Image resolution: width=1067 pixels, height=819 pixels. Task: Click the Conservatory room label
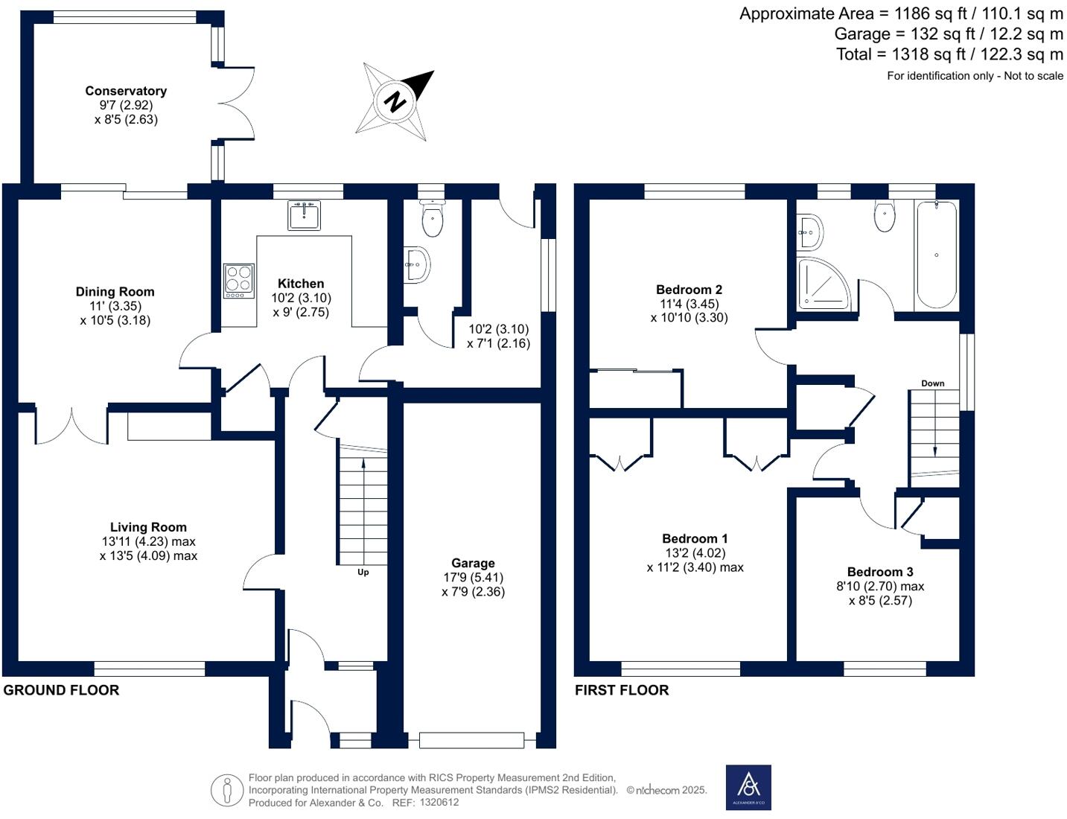126,91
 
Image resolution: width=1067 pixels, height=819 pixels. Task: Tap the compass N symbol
395,102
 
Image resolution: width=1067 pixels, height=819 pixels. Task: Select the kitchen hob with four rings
239,281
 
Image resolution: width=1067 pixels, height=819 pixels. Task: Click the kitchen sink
304,215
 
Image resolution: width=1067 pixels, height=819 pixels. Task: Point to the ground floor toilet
433,218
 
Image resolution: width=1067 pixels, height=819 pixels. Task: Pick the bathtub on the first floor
937,255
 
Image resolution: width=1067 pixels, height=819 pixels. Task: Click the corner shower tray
824,284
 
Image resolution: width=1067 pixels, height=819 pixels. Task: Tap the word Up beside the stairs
363,572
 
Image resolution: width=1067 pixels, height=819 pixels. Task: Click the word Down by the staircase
932,383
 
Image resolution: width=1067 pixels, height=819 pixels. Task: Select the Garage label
473,563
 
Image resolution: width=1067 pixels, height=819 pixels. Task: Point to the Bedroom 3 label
880,572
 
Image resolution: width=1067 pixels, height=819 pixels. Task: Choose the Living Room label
148,527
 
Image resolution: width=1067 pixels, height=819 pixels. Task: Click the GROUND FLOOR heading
61,690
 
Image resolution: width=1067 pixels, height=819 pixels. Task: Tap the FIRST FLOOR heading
622,690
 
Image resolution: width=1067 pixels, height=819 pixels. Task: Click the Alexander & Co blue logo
748,788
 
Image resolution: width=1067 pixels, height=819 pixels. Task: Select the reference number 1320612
439,803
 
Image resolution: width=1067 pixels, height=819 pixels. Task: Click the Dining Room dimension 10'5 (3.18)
115,321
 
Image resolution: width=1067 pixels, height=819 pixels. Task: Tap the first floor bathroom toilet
885,216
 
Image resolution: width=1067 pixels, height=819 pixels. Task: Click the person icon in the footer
227,791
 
